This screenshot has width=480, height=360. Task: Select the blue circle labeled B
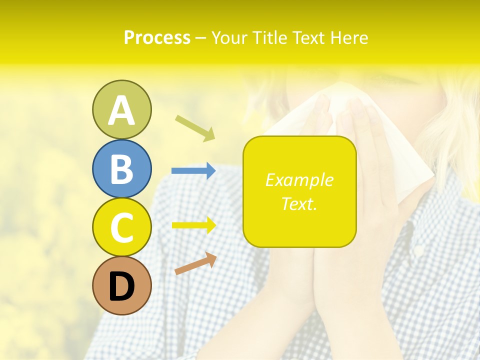pos(121,168)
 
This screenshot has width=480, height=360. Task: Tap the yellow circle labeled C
pos(121,227)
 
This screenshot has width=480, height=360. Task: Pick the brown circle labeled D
pos(121,285)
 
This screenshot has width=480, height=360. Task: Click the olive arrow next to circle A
pos(195,127)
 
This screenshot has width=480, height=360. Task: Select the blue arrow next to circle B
pos(193,171)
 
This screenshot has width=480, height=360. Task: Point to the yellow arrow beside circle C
pos(193,225)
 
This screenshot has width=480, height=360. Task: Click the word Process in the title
pos(157,37)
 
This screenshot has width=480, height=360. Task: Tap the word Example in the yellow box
pos(299,180)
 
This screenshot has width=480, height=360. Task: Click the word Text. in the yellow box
pos(299,203)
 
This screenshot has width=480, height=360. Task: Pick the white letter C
pos(121,228)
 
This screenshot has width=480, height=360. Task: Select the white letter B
pos(121,169)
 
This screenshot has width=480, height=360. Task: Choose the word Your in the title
pos(230,37)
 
